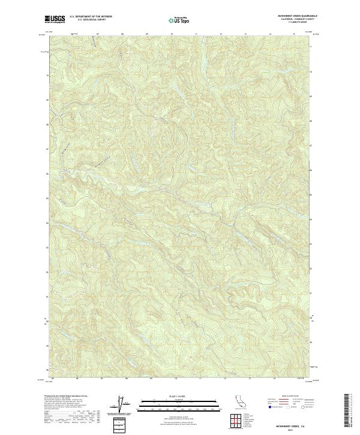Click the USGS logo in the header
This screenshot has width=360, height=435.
click(54, 20)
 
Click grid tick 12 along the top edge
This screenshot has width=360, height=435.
click(221, 34)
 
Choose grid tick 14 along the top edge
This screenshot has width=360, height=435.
click(270, 34)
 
